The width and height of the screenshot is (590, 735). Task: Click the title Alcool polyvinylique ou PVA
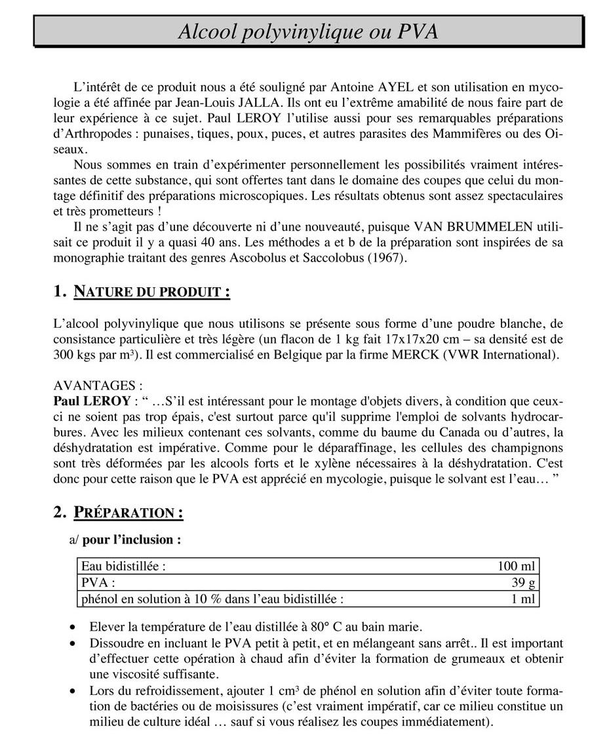click(308, 31)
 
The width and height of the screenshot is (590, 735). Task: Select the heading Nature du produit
click(151, 291)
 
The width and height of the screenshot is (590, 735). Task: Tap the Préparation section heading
click(128, 513)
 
